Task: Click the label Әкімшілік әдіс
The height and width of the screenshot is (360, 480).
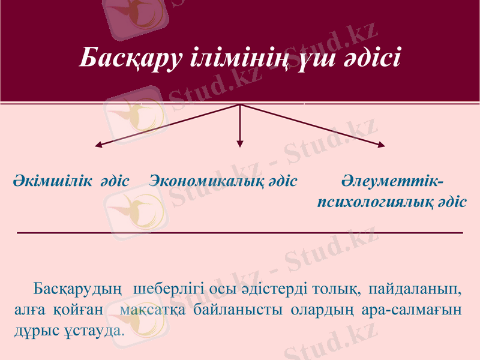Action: (x=71, y=181)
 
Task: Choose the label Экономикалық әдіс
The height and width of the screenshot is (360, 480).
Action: (x=223, y=181)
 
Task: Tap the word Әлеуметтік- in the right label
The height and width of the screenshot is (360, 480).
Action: (x=393, y=181)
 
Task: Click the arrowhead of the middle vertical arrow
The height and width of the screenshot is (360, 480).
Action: (x=240, y=143)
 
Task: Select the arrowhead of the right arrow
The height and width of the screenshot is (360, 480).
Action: (x=382, y=144)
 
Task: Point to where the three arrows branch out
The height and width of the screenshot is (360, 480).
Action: (x=240, y=105)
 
